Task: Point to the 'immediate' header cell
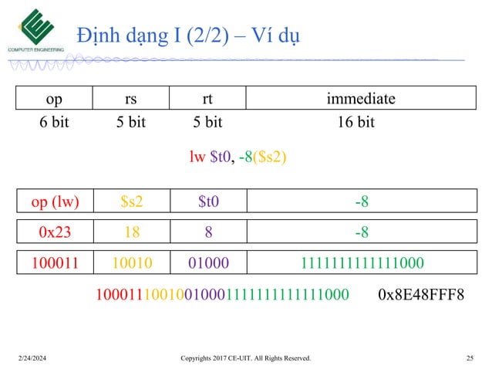[360, 98]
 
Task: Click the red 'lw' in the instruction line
[197, 157]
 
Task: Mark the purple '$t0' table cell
[207, 202]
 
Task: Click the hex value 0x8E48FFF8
[422, 294]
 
